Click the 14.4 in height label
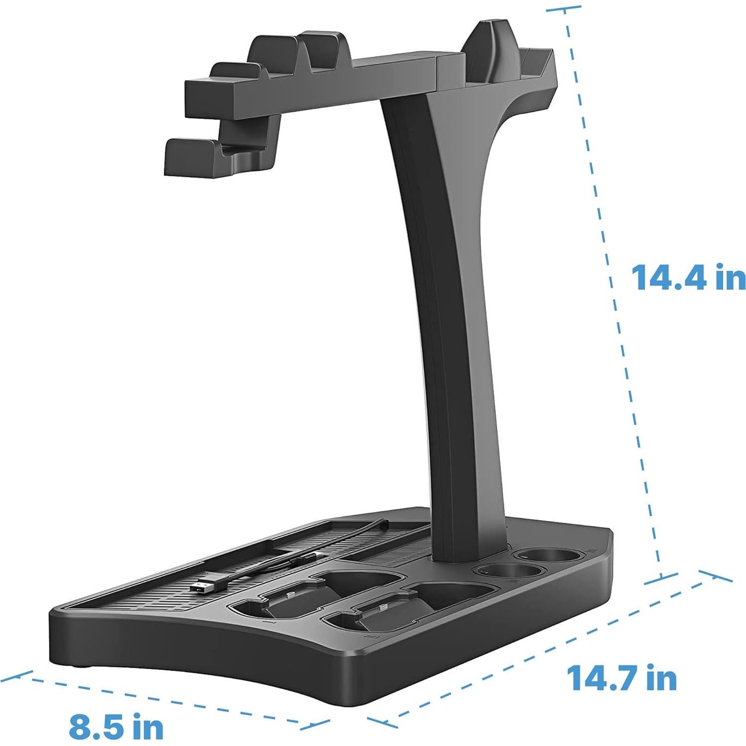[x=688, y=277]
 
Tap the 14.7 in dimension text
[x=622, y=678]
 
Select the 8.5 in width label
[x=116, y=727]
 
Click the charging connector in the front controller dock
[x=382, y=608]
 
